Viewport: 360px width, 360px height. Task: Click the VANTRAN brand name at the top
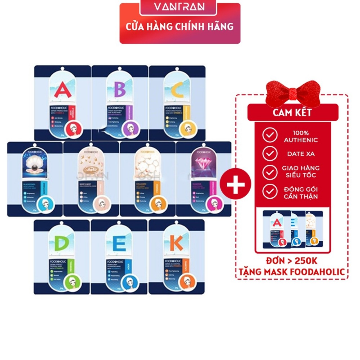(179, 7)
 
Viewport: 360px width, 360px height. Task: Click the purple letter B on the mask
(120, 89)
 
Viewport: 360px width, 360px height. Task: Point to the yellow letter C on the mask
(177, 90)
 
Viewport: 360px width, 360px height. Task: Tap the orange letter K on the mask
(176, 243)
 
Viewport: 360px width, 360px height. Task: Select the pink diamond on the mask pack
(204, 166)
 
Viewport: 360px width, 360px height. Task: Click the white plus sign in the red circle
(236, 184)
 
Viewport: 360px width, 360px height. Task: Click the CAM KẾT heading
(292, 112)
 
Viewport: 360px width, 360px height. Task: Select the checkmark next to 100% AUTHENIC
(270, 135)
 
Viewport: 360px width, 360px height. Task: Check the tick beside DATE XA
(270, 154)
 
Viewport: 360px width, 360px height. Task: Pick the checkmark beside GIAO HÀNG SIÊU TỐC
(270, 172)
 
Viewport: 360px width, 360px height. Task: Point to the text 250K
(306, 261)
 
